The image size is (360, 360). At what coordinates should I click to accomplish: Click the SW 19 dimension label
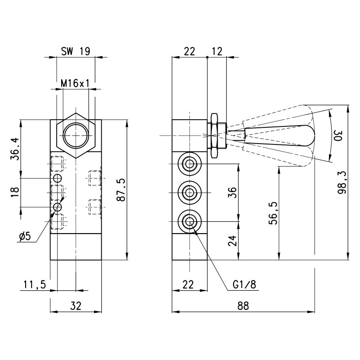[x=76, y=51]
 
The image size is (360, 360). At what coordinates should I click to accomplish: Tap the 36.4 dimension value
[x=14, y=149]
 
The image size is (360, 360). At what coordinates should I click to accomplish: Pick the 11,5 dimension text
[x=34, y=284]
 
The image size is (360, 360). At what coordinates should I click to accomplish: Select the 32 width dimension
[x=76, y=306]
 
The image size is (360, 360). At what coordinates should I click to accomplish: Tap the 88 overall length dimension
[x=243, y=306]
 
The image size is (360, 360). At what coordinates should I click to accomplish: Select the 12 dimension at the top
[x=216, y=51]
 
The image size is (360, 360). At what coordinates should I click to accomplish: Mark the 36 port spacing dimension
[x=232, y=192]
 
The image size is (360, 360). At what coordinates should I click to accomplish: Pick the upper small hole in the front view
[x=57, y=178]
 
